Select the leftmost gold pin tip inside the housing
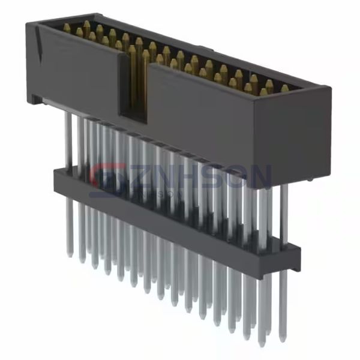(66, 28)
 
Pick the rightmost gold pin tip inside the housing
(285, 89)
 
